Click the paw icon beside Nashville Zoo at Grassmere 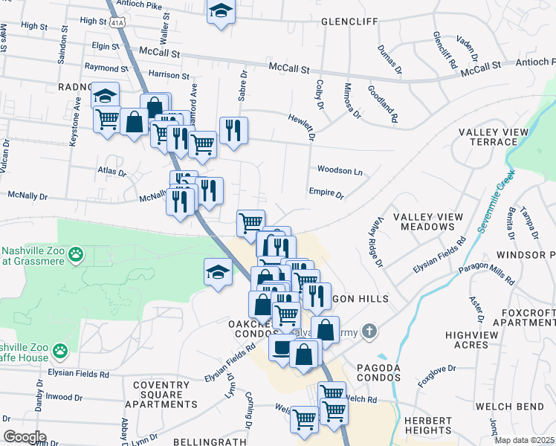coord(76,255)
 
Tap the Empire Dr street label coord(326,193)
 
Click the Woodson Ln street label coord(340,170)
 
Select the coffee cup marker coord(282,348)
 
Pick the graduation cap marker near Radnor coord(106,96)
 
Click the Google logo coord(25,436)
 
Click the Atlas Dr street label coord(111,172)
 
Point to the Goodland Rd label coord(383,103)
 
